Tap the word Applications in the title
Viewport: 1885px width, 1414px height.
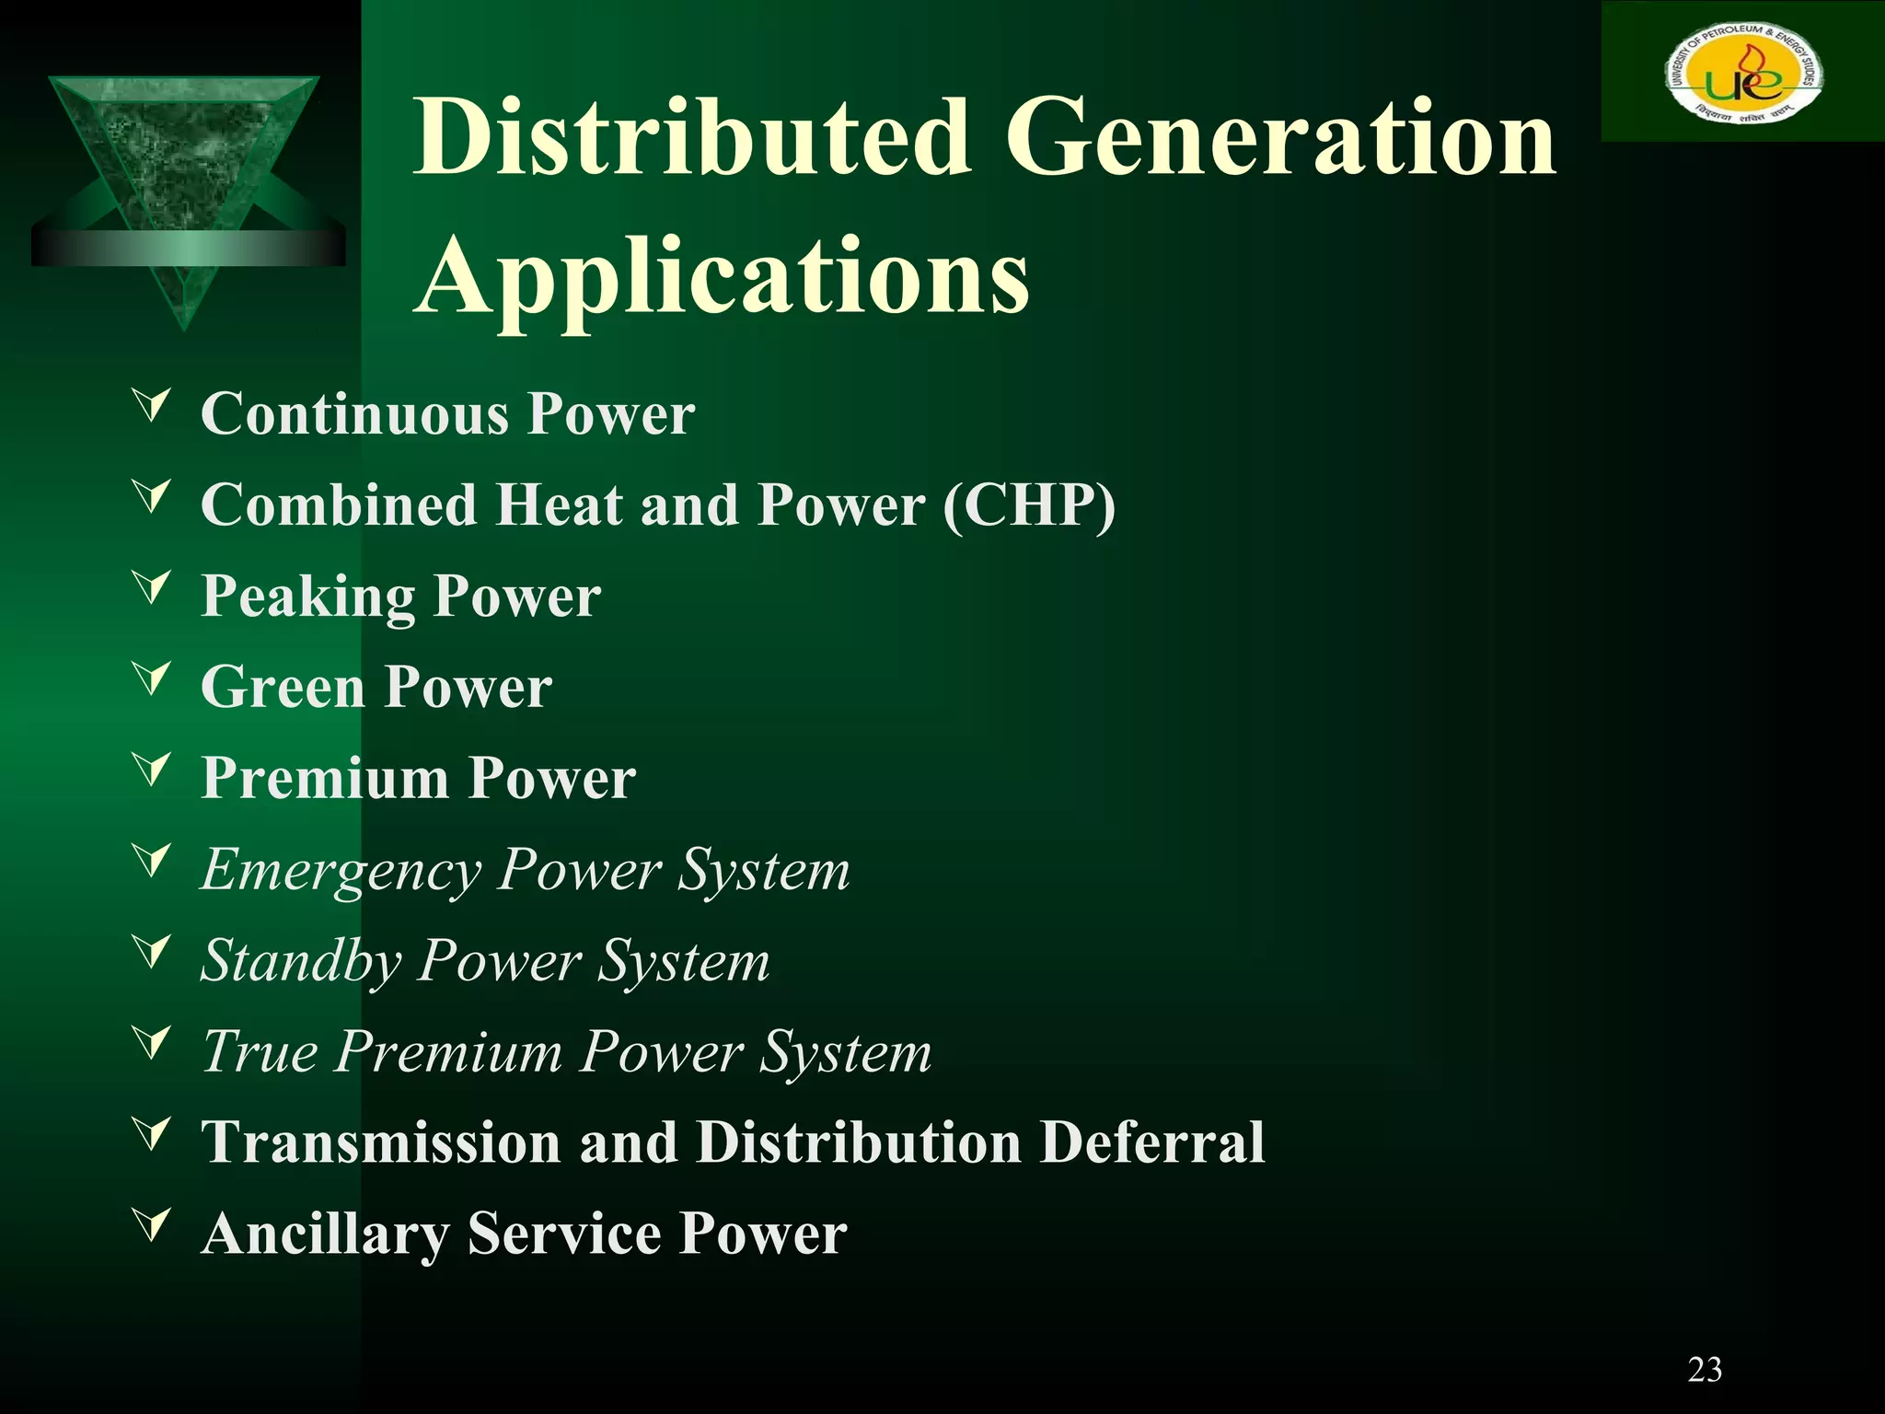(x=723, y=276)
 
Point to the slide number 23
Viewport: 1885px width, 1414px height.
(x=1705, y=1370)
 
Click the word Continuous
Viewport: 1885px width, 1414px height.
(x=354, y=413)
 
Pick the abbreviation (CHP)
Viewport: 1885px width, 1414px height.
(x=1029, y=505)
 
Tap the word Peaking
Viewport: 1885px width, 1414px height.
(x=308, y=597)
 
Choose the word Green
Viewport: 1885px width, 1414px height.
(x=283, y=688)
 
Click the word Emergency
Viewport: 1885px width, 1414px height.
(x=341, y=870)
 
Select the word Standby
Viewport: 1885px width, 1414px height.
(x=302, y=961)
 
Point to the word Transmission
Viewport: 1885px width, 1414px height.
(x=381, y=1142)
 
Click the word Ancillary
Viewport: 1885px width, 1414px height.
(x=324, y=1234)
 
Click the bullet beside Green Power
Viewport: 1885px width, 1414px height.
(x=152, y=678)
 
